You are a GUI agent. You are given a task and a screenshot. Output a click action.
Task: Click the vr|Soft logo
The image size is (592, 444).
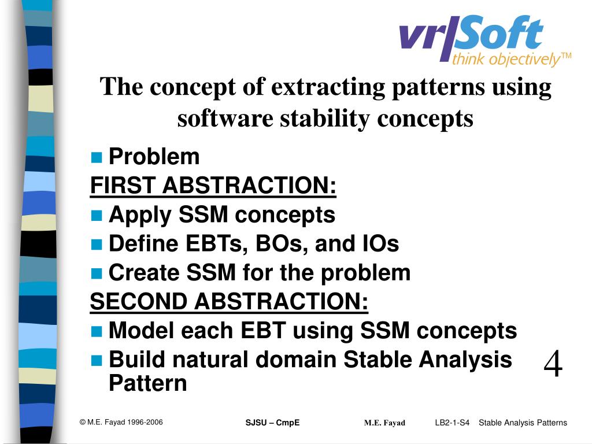coord(485,41)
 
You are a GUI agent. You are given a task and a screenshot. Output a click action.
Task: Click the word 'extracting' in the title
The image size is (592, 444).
coord(328,87)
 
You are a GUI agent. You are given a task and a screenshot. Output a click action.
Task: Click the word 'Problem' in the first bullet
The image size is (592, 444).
coord(154,156)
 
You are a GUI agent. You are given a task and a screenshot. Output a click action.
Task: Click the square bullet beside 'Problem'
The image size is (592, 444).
coord(97,157)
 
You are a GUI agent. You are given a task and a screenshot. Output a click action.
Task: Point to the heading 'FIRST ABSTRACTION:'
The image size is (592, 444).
coord(213,186)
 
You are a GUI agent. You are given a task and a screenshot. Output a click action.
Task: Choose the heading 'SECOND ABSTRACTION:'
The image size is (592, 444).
coord(229,302)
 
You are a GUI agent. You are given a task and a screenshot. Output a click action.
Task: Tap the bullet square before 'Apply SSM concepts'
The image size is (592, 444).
coord(97,215)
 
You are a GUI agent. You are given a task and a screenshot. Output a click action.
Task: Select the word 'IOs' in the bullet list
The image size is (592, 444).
coord(380,243)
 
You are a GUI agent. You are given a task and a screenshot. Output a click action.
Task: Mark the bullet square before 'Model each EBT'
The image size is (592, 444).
coord(97,331)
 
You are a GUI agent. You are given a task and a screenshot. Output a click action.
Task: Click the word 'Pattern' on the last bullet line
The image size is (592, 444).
coord(147,383)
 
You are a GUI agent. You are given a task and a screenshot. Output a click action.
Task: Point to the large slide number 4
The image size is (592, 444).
coord(553,364)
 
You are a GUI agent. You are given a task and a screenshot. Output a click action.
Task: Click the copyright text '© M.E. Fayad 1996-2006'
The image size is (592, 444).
coord(121,422)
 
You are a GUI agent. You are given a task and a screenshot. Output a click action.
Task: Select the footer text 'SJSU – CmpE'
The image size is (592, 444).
coord(273,423)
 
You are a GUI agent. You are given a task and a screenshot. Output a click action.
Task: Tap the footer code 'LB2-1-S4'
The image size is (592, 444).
coord(452,423)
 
